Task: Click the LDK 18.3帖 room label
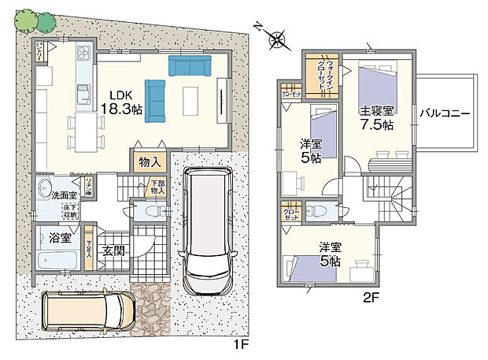(126, 100)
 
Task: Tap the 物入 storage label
(150, 161)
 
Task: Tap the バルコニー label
(445, 113)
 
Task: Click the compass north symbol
(276, 37)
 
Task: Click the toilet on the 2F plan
(316, 210)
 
